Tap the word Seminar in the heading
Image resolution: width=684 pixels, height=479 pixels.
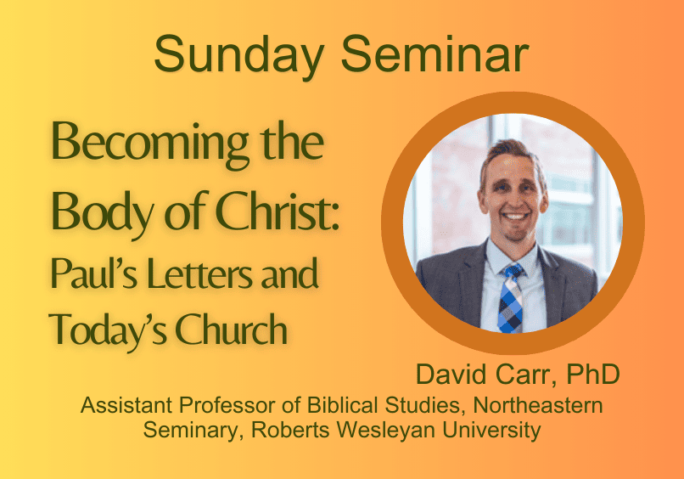(435, 54)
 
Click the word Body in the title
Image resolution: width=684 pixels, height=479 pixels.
(103, 212)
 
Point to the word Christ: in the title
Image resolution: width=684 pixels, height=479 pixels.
(278, 211)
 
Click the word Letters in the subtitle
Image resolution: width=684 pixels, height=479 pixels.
(199, 273)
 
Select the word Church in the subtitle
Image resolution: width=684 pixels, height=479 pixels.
(231, 328)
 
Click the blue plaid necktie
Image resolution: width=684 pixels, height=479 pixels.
(511, 300)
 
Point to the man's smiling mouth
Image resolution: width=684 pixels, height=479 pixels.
(515, 216)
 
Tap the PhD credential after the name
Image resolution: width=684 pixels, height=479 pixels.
(593, 374)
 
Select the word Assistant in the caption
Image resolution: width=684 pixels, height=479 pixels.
(126, 405)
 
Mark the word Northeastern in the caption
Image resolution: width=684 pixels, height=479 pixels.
(538, 405)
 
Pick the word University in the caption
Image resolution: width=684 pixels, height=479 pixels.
(491, 430)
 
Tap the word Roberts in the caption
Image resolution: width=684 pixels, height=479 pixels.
(290, 430)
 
